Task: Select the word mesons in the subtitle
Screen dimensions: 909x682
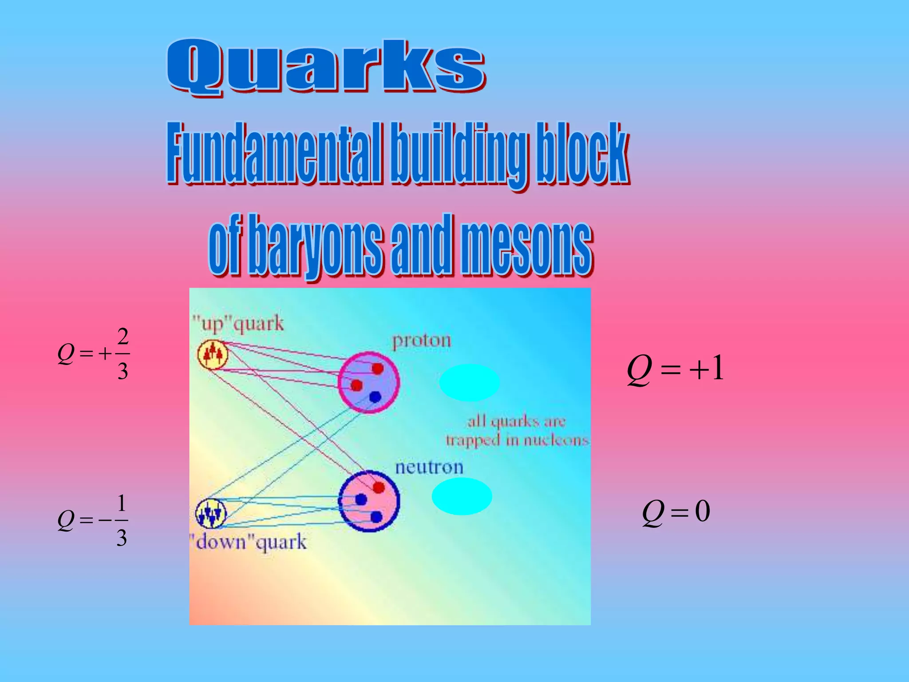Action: [526, 246]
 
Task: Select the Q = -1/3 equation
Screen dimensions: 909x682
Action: [93, 520]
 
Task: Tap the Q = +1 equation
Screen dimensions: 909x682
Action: [675, 369]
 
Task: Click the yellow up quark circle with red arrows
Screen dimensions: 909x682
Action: [213, 354]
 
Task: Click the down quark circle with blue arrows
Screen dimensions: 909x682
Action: [211, 514]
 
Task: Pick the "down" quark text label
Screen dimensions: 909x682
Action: [249, 542]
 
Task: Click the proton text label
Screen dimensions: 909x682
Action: [421, 341]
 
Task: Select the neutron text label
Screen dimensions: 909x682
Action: [429, 467]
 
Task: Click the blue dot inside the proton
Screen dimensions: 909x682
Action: [375, 397]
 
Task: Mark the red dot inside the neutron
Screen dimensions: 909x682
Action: [379, 488]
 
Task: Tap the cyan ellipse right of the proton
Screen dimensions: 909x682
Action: [469, 382]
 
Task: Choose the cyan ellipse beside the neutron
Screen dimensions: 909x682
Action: [462, 496]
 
